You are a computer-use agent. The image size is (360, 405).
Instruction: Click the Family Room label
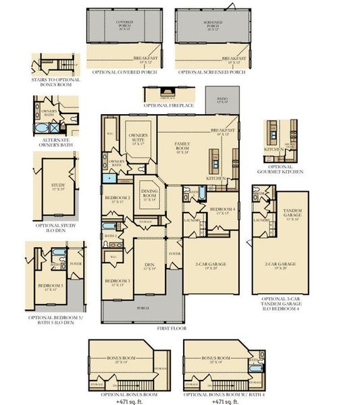(182, 145)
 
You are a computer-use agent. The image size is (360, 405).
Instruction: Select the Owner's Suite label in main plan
(138, 139)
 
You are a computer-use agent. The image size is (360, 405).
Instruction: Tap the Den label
(149, 267)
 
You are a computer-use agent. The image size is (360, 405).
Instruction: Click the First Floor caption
(172, 328)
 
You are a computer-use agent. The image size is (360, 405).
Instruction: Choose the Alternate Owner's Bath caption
(52, 142)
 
